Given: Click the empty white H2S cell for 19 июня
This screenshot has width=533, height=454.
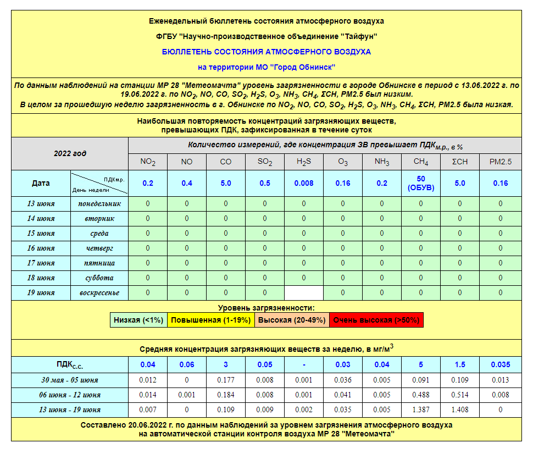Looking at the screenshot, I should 304,292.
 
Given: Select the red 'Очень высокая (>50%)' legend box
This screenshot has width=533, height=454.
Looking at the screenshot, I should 376,320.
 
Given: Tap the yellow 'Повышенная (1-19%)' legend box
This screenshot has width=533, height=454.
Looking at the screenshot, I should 210,320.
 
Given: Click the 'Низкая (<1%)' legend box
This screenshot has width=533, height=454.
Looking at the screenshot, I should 138,320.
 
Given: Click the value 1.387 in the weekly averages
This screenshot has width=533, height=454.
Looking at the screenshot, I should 421,409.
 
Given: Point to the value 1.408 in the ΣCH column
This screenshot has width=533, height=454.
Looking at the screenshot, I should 460,409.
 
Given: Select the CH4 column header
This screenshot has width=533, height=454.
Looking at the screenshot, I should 421,162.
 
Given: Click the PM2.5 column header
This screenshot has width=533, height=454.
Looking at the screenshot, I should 500,162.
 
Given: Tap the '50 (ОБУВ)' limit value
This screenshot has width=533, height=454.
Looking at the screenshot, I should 421,183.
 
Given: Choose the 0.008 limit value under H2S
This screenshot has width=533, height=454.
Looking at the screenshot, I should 304,183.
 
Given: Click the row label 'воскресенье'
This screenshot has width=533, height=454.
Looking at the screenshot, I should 99,292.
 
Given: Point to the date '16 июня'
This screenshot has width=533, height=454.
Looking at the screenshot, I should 41,248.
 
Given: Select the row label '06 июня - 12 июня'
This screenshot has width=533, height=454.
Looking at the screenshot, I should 70,395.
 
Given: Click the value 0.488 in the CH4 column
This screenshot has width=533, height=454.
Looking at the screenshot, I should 421,395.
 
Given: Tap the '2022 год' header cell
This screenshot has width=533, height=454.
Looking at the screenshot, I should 70,153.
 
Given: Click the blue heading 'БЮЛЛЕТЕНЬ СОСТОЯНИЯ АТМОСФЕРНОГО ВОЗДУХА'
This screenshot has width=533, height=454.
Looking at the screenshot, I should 266,52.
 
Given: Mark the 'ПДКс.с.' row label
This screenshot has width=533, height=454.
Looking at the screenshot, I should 70,364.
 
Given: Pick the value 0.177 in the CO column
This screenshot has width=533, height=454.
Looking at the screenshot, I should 226,380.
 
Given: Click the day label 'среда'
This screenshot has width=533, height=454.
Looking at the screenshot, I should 99,233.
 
